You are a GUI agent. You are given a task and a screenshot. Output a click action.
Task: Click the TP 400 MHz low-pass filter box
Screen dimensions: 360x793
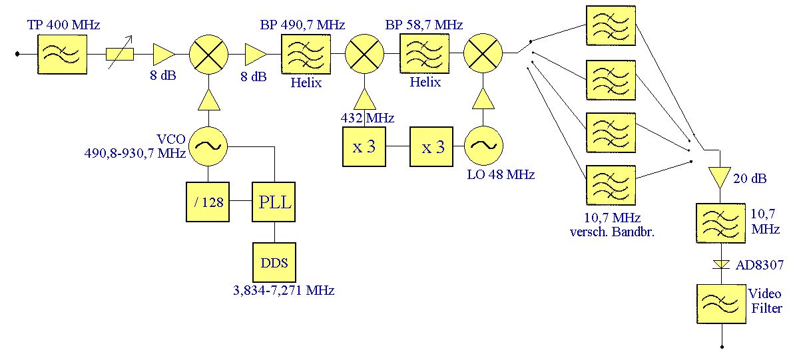click(62, 55)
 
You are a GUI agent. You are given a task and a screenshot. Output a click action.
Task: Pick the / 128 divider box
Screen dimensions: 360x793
click(209, 202)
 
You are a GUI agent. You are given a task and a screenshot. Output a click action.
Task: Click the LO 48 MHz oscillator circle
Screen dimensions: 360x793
click(483, 146)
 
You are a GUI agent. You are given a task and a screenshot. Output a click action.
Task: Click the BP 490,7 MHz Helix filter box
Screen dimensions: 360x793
click(306, 55)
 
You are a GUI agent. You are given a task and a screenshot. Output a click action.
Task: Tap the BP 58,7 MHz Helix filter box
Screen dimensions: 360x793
click(424, 55)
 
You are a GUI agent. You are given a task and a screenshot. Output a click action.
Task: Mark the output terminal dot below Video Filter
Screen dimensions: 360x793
click(721, 347)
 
